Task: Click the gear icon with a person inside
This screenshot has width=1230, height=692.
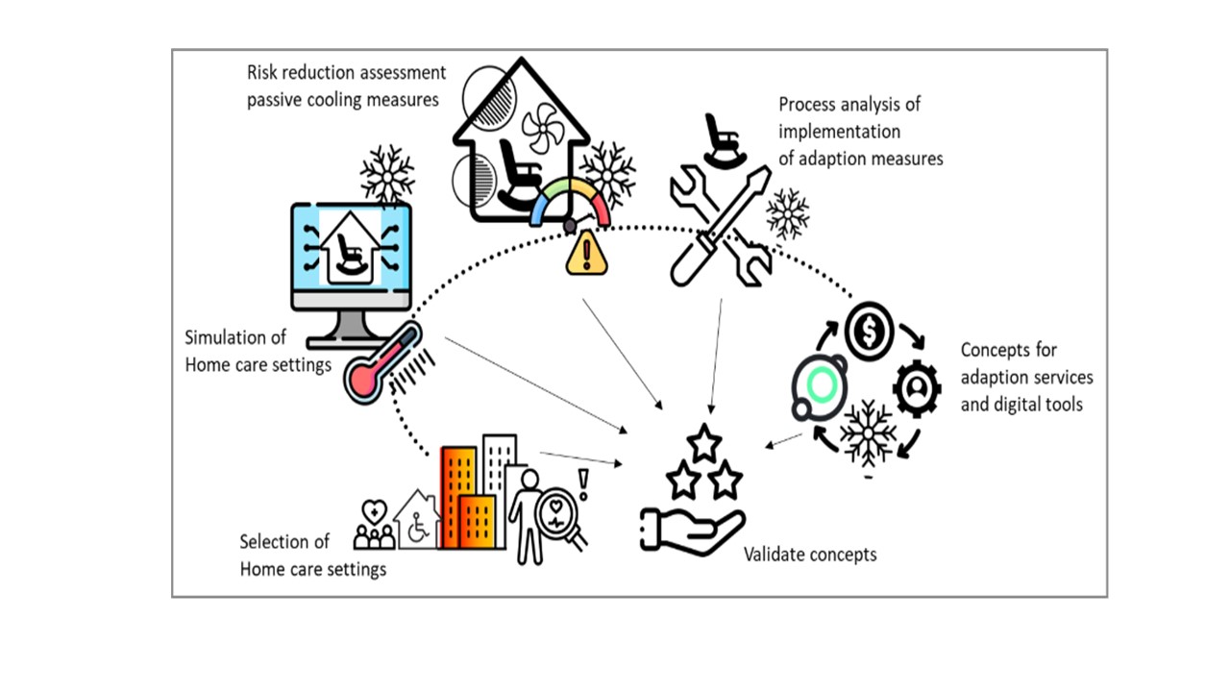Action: pos(917,388)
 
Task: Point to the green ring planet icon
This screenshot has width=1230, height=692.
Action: pos(820,385)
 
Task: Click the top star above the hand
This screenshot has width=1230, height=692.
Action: pos(704,443)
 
